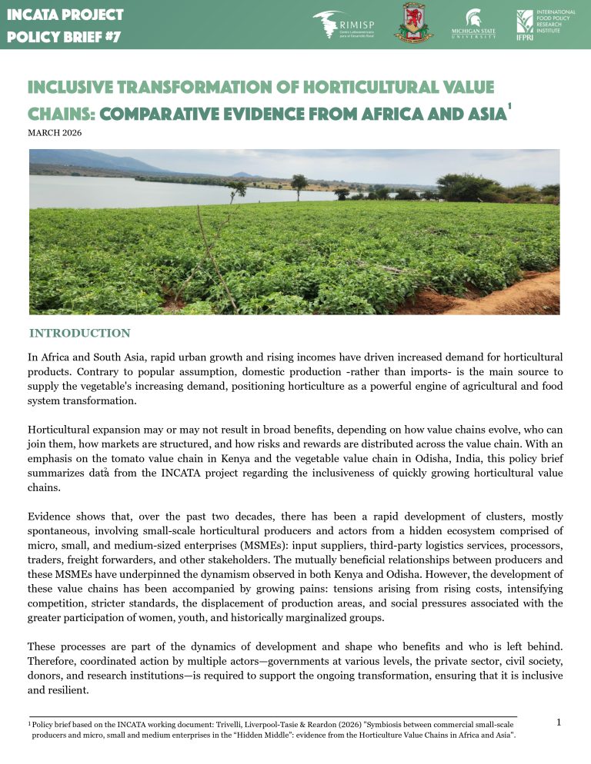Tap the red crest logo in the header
[x=413, y=23]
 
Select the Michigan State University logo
[x=473, y=24]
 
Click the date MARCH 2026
[x=54, y=132]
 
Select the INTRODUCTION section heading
[x=79, y=333]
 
